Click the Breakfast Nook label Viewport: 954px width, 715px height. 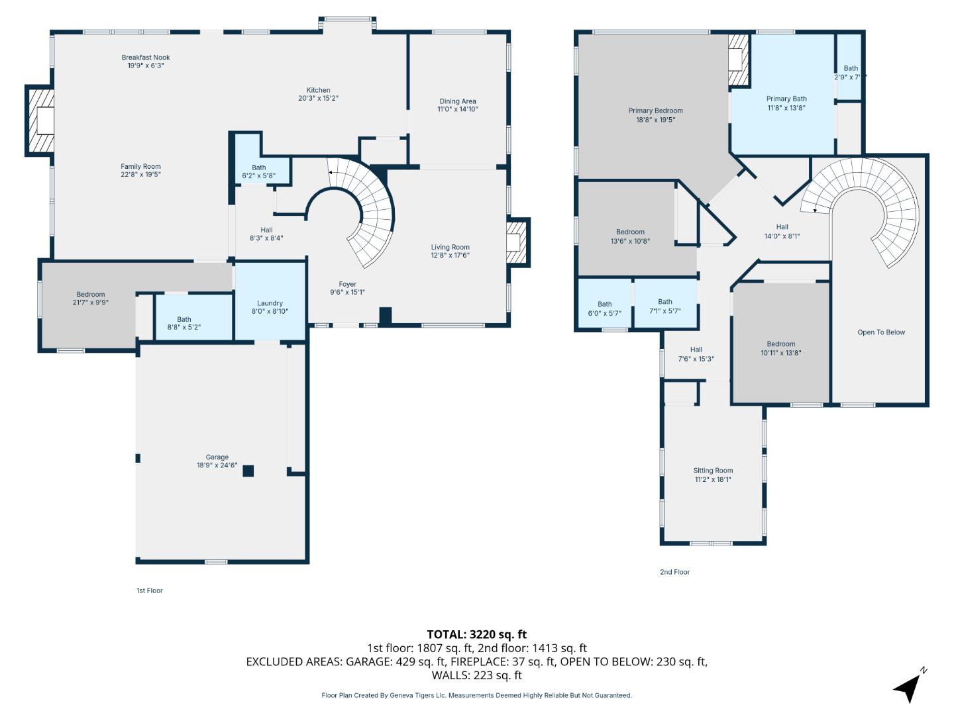tap(146, 58)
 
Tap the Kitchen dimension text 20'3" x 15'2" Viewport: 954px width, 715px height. tap(318, 99)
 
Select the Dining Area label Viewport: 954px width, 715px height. tap(458, 101)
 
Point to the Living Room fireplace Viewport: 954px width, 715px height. tap(517, 242)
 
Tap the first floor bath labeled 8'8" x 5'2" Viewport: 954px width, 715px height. tap(184, 323)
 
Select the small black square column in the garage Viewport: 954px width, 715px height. tap(248, 471)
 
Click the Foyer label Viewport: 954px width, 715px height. tap(348, 284)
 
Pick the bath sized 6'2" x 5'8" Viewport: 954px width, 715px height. tap(259, 171)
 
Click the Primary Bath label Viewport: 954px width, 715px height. tap(786, 99)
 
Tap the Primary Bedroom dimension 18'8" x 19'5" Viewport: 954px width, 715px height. tap(655, 120)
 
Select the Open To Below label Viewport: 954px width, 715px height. tap(881, 332)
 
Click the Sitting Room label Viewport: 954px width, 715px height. tap(713, 471)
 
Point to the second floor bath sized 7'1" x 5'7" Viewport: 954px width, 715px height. tap(665, 306)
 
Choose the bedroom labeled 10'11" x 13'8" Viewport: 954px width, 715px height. tap(781, 348)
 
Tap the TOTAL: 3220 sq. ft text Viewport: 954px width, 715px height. tap(476, 634)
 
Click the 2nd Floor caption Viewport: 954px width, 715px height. tap(674, 572)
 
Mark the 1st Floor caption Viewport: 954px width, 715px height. tap(149, 591)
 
